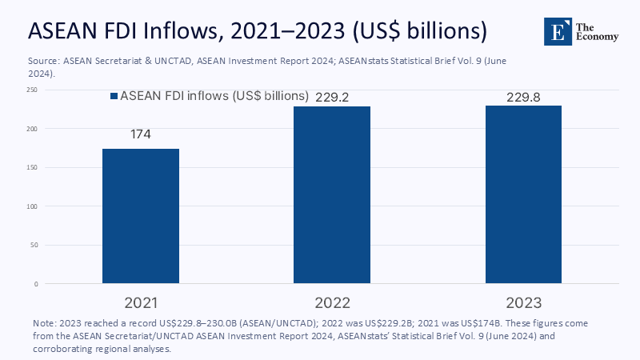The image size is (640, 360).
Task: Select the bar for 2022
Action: [332, 194]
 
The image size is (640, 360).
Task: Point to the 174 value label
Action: [140, 134]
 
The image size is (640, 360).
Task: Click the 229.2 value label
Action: [332, 97]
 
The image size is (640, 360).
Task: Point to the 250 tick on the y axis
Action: [32, 90]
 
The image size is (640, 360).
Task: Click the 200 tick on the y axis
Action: [32, 129]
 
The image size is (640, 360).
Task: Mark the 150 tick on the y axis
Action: [32, 167]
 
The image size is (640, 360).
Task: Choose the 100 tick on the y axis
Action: [32, 206]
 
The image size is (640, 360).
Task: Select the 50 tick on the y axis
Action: [34, 245]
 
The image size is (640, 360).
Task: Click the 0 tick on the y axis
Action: [36, 284]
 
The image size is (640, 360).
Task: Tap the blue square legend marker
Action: [112, 96]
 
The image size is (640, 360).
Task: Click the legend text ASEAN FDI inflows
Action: [214, 96]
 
